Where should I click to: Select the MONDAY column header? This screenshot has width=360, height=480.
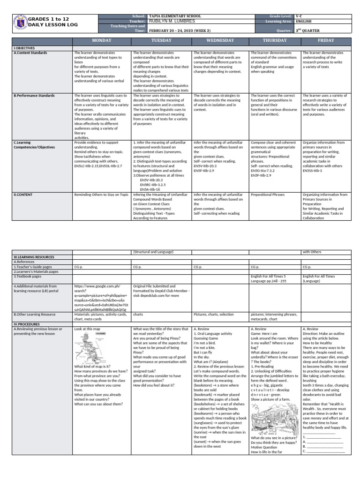point(102,41)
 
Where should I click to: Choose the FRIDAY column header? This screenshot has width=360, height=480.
point(326,41)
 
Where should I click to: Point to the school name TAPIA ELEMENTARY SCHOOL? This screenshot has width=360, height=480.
point(174,16)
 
